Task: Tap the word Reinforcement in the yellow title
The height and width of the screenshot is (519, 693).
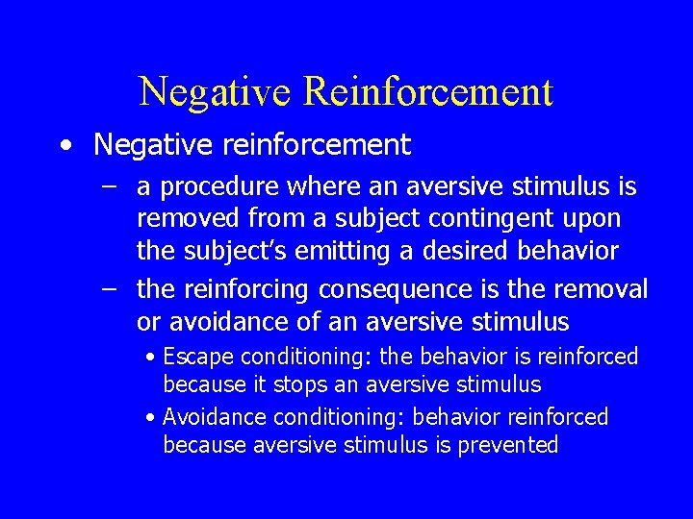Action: [x=428, y=92]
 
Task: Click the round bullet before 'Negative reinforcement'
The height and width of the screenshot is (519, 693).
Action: [x=64, y=146]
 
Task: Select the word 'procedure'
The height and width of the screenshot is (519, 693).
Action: [x=200, y=186]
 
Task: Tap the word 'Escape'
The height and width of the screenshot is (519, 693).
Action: [x=199, y=358]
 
